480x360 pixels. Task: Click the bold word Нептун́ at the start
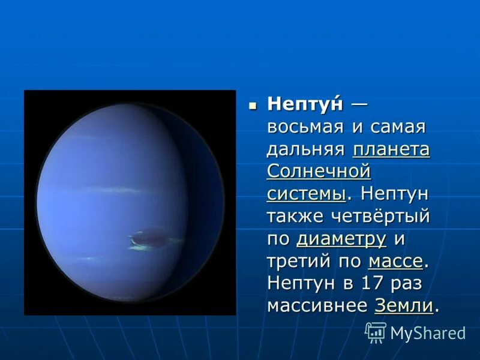pyautogui.click(x=305, y=104)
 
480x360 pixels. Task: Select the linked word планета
pyautogui.click(x=391, y=149)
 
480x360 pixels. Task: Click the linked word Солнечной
pyautogui.click(x=318, y=172)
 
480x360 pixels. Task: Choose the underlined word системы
pyautogui.click(x=306, y=194)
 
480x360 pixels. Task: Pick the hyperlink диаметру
pyautogui.click(x=341, y=239)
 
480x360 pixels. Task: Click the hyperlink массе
pyautogui.click(x=395, y=261)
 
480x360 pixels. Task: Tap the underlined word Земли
pyautogui.click(x=404, y=305)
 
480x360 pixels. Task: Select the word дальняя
pyautogui.click(x=306, y=149)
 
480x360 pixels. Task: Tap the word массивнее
pyautogui.click(x=317, y=305)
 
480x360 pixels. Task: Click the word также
pyautogui.click(x=294, y=216)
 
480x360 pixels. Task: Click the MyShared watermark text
pyautogui.click(x=428, y=334)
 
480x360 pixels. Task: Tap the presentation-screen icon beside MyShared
pyautogui.click(x=376, y=332)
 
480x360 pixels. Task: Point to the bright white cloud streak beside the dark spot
pyautogui.click(x=139, y=245)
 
